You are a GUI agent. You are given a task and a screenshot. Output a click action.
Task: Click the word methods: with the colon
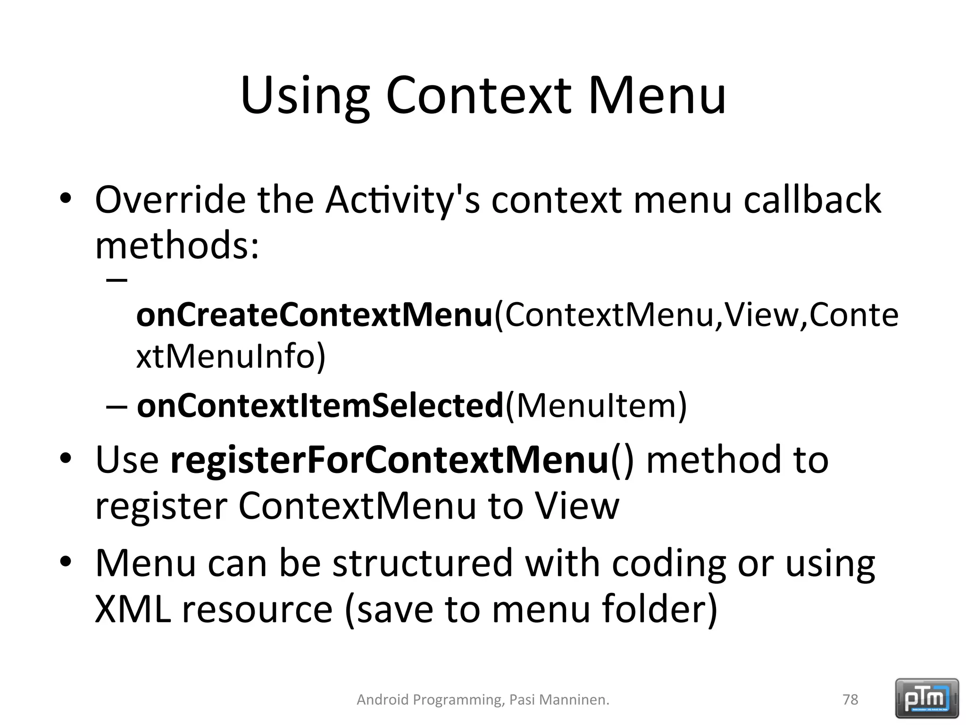click(177, 246)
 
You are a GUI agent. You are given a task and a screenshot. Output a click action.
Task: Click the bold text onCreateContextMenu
click(314, 315)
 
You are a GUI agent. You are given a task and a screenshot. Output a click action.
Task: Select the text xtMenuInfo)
click(231, 356)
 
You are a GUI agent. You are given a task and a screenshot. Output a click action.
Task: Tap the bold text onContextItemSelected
click(320, 405)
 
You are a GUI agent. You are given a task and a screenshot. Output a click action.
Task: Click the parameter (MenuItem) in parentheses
click(596, 405)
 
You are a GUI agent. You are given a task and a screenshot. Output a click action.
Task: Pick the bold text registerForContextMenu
click(389, 460)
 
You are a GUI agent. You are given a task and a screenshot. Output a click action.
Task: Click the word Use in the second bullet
click(127, 460)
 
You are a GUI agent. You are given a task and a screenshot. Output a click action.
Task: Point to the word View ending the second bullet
click(576, 506)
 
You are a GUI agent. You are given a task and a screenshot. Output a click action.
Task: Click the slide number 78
click(850, 700)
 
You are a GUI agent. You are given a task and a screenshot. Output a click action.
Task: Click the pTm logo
click(927, 698)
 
